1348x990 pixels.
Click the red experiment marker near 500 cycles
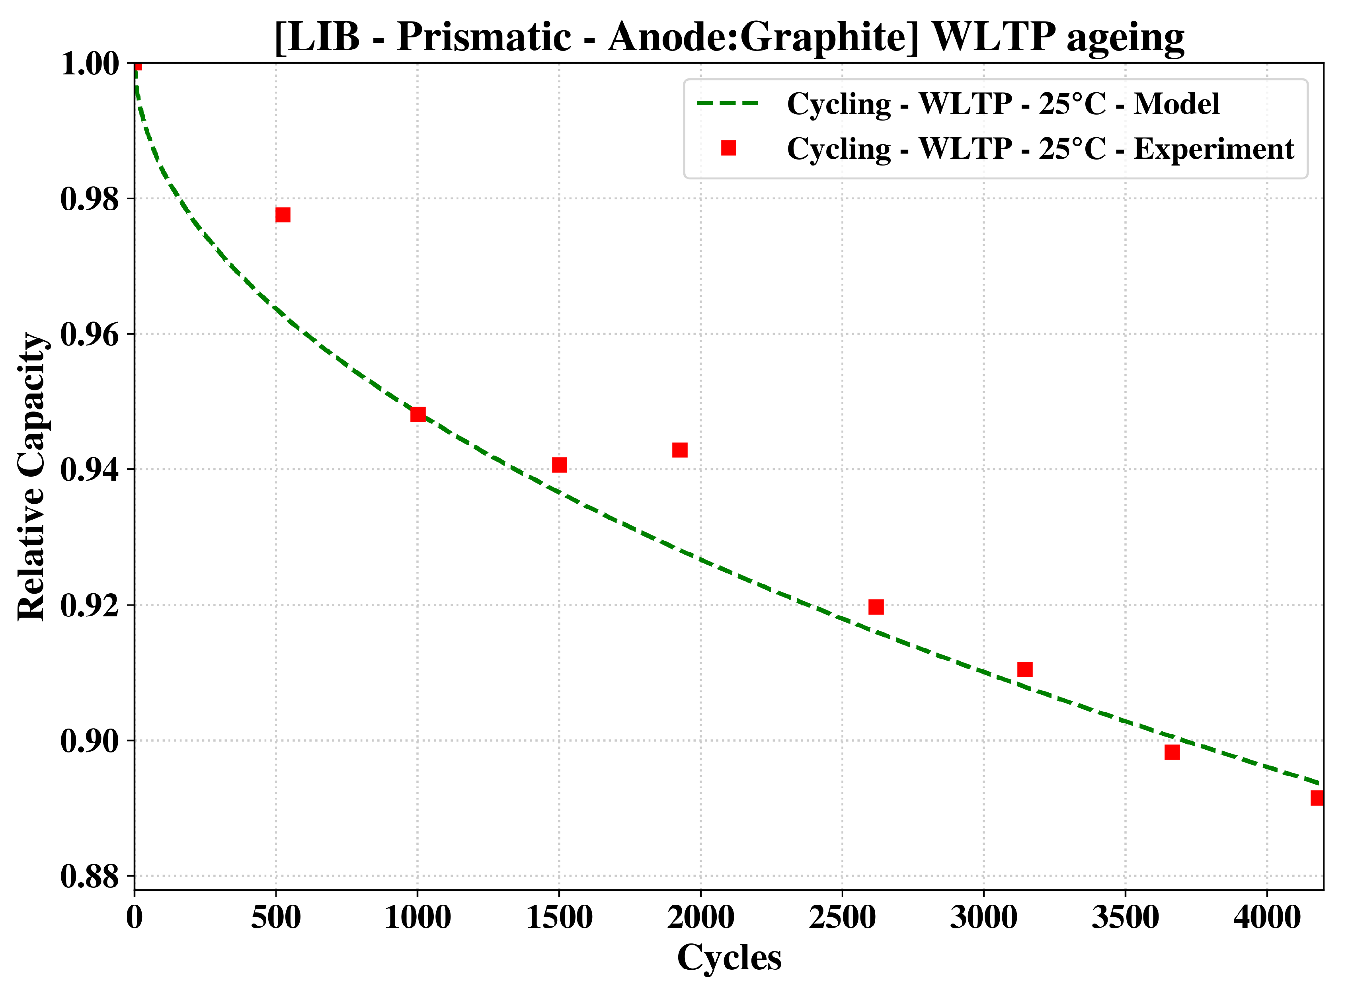pyautogui.click(x=283, y=214)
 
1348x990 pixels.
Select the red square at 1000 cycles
pyautogui.click(x=418, y=414)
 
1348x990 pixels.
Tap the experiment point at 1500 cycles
pyautogui.click(x=559, y=465)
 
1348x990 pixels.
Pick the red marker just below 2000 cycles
pyautogui.click(x=680, y=450)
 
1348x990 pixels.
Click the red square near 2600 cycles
pyautogui.click(x=876, y=607)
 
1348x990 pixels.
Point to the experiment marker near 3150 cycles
pyautogui.click(x=1025, y=669)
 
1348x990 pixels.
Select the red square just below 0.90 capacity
pyautogui.click(x=1172, y=752)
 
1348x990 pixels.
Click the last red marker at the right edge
pyautogui.click(x=1317, y=798)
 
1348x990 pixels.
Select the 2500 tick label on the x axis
pyautogui.click(x=842, y=918)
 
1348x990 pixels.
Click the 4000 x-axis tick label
pyautogui.click(x=1266, y=918)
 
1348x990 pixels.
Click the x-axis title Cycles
pyautogui.click(x=729, y=957)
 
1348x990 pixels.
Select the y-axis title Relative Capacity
pyautogui.click(x=31, y=476)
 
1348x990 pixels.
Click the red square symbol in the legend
pyautogui.click(x=728, y=148)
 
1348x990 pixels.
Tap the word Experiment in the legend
pyautogui.click(x=1214, y=149)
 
